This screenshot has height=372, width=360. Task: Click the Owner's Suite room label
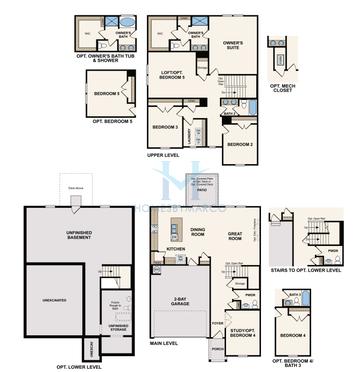pos(233,45)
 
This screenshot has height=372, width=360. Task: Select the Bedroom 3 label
pos(165,127)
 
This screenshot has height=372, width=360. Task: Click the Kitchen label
pos(176,249)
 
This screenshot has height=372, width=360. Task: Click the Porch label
pos(217,348)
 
